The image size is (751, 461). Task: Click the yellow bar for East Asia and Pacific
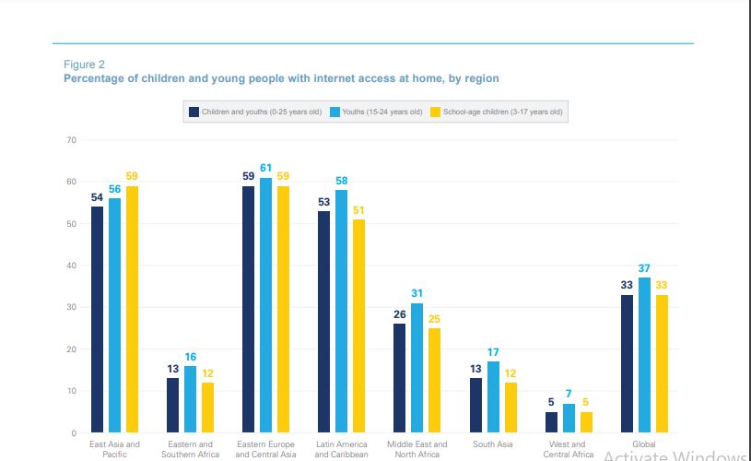click(132, 309)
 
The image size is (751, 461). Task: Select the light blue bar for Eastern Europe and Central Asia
click(265, 304)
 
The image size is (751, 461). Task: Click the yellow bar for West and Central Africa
click(585, 421)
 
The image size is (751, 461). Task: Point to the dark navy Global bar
click(628, 363)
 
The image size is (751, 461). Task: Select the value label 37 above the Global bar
click(644, 267)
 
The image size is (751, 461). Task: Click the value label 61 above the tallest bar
click(265, 168)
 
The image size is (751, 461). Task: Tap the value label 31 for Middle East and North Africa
click(417, 293)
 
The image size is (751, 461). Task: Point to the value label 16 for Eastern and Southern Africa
click(191, 356)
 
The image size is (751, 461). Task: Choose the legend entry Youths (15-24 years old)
click(380, 112)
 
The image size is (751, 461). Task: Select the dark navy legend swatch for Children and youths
click(194, 112)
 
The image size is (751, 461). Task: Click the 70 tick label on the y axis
click(70, 139)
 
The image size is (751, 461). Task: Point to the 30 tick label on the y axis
click(70, 307)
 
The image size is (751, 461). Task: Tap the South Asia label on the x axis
click(493, 444)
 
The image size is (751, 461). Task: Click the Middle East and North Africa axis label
click(417, 449)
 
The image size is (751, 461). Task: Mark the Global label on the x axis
click(644, 444)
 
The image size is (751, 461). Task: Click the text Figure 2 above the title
click(84, 64)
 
